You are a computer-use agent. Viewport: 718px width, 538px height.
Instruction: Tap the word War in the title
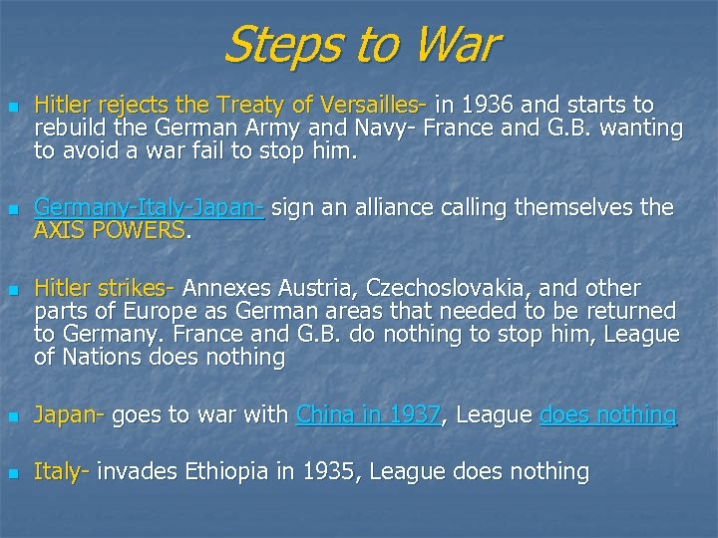451,46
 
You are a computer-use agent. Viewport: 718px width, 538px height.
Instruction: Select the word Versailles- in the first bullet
376,105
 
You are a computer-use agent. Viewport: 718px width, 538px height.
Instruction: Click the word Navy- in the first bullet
392,129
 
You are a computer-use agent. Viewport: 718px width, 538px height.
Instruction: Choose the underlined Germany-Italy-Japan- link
150,208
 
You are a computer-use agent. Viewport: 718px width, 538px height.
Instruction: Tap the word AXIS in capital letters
59,231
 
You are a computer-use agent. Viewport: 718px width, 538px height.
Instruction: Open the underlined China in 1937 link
369,414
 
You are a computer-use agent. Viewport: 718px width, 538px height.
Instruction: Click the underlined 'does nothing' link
608,414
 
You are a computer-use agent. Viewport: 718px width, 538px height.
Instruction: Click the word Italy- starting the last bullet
63,471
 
